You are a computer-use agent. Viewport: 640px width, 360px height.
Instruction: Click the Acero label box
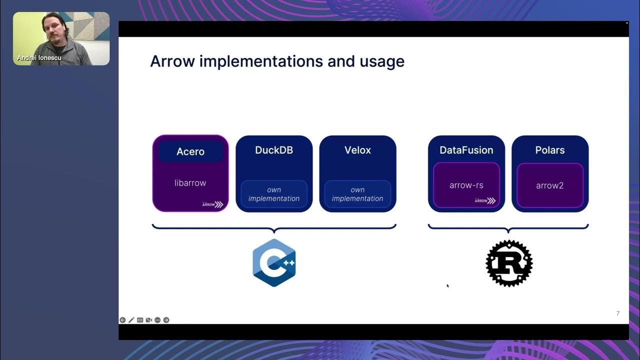click(x=190, y=151)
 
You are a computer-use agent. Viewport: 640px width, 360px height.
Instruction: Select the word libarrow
click(x=190, y=183)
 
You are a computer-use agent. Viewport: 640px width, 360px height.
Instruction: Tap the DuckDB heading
click(x=274, y=150)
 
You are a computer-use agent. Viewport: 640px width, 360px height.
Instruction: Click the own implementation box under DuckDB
click(x=274, y=194)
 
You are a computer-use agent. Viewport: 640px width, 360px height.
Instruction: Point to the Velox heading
click(x=357, y=150)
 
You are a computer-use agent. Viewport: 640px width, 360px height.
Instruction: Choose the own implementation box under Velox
click(x=357, y=194)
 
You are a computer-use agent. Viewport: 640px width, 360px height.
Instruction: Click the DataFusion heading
click(x=466, y=150)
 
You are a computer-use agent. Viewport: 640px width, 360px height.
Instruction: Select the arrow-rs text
click(x=466, y=185)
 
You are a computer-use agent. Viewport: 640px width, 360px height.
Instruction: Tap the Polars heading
click(x=550, y=150)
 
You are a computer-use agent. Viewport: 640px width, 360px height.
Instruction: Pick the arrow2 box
click(x=550, y=185)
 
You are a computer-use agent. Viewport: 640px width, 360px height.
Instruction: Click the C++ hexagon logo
click(x=274, y=262)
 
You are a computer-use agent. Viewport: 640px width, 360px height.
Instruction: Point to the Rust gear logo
click(x=509, y=263)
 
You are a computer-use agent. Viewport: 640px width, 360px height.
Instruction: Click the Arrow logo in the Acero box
click(x=212, y=204)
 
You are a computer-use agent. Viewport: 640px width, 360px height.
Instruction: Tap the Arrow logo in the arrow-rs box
click(x=484, y=200)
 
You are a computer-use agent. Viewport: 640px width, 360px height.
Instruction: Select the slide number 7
click(x=617, y=313)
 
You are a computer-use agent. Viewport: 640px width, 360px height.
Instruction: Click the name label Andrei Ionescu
click(x=39, y=58)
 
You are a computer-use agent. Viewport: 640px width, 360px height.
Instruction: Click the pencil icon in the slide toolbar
click(x=131, y=320)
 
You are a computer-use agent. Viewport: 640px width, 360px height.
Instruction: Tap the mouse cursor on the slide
click(x=447, y=286)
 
